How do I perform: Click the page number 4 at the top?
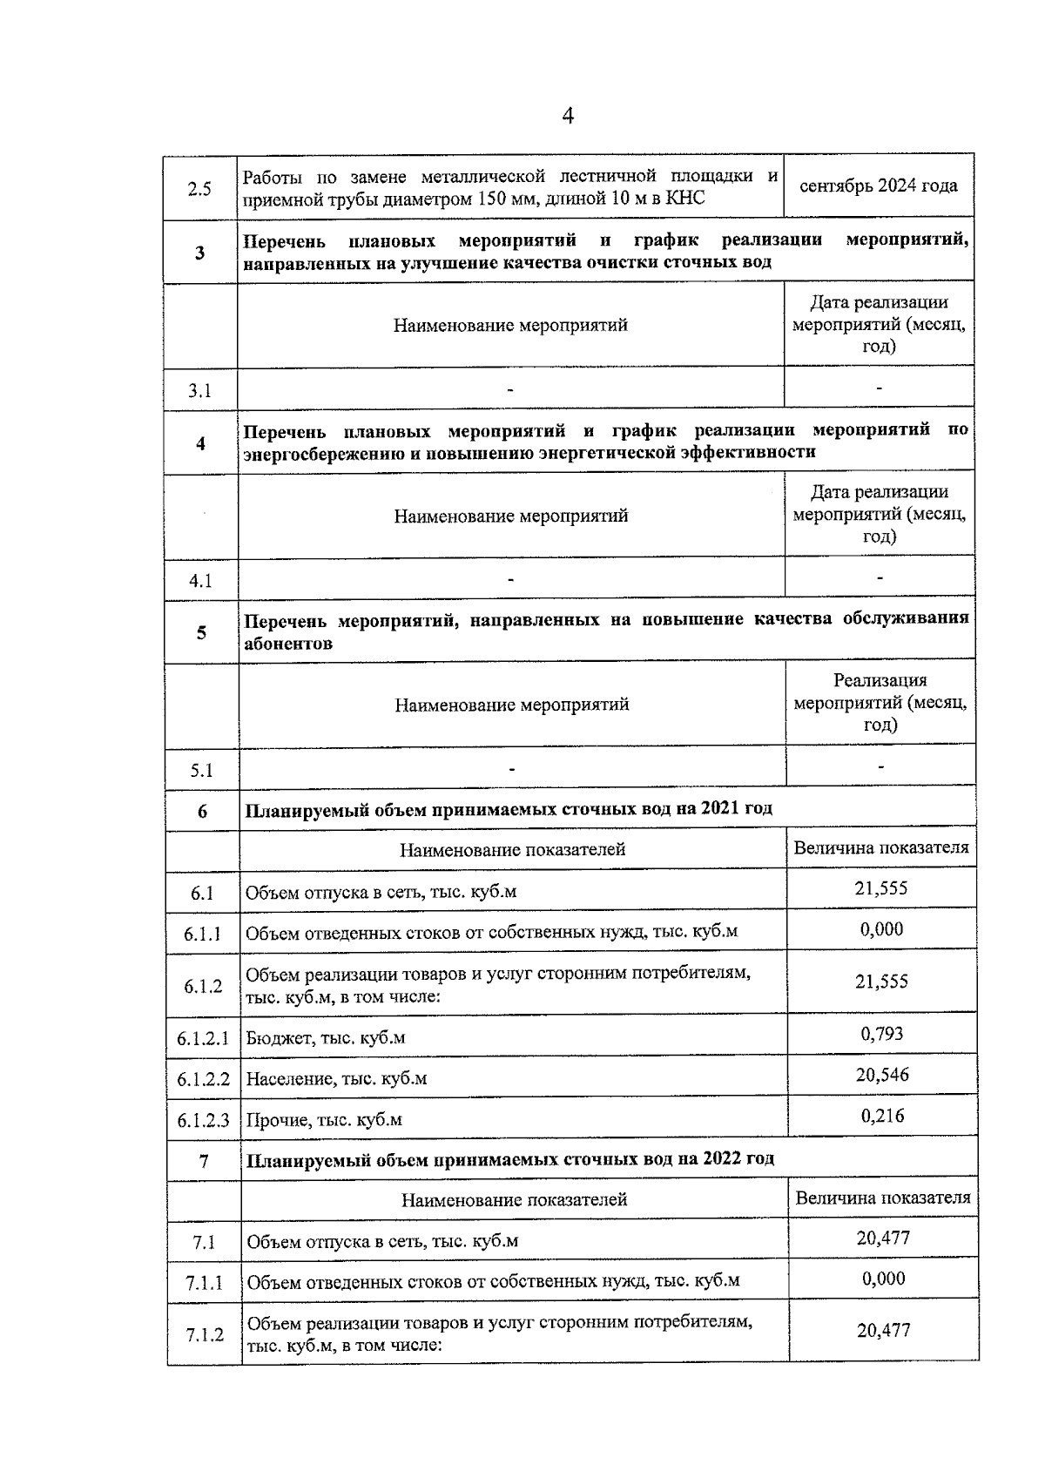click(x=568, y=116)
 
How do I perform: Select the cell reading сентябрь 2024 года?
click(x=878, y=186)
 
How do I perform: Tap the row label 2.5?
click(x=199, y=188)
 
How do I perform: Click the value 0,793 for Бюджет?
click(x=881, y=1034)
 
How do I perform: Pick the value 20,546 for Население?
click(x=881, y=1075)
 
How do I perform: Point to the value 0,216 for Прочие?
click(x=882, y=1116)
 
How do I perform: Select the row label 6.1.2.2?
click(x=203, y=1079)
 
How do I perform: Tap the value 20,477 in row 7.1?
click(x=883, y=1238)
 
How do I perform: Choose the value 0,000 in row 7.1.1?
click(x=883, y=1279)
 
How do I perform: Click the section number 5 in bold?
click(x=201, y=632)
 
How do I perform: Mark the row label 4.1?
click(x=200, y=581)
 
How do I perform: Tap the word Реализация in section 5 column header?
click(x=880, y=680)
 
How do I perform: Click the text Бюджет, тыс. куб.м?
click(x=325, y=1038)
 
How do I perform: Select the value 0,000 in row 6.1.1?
click(x=881, y=929)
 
